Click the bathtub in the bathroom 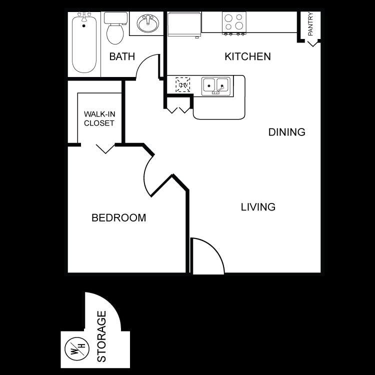(x=84, y=44)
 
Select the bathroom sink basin (x=147, y=23)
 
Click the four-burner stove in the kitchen (x=234, y=22)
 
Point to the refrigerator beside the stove (x=184, y=24)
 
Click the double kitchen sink (x=216, y=86)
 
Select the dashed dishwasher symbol (x=182, y=85)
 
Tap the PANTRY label (x=310, y=24)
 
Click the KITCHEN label (x=247, y=56)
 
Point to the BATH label (x=122, y=56)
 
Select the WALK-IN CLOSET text (x=99, y=118)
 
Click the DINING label (x=286, y=132)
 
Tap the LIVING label (x=258, y=206)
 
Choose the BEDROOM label (x=118, y=218)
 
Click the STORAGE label (x=101, y=336)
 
